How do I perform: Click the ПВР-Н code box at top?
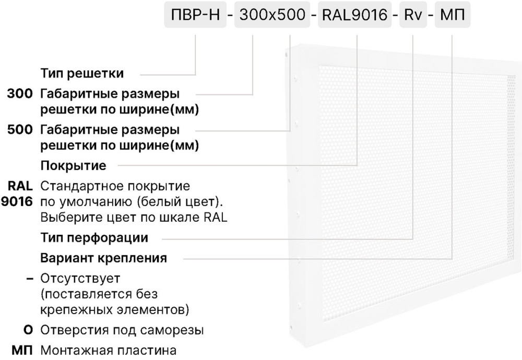[195, 15]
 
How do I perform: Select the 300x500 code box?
[272, 15]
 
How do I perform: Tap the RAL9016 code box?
[355, 15]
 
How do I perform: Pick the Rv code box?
[413, 15]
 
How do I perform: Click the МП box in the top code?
[453, 15]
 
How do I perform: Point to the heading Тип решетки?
[82, 74]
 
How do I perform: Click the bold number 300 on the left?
[20, 94]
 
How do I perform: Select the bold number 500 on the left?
[20, 130]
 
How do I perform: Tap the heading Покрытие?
[73, 166]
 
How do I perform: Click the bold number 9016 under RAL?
[17, 201]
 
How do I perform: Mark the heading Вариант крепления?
[103, 258]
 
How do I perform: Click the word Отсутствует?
[80, 279]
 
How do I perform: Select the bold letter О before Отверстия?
[28, 330]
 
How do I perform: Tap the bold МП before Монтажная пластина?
[22, 351]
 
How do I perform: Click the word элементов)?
[153, 310]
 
